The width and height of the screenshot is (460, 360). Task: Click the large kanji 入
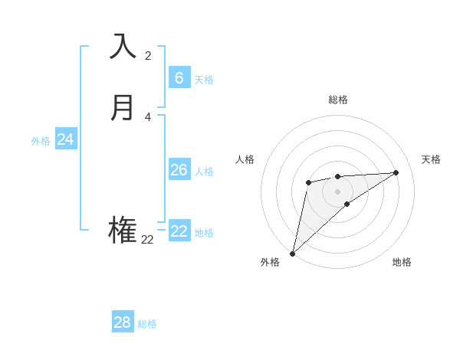coord(123,47)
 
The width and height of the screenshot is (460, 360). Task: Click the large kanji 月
coord(123,108)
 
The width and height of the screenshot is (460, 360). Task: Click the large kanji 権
coord(123,231)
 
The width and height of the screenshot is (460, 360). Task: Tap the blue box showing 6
coord(179,78)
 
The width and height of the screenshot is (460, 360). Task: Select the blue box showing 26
coord(179,170)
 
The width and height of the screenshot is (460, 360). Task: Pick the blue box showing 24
coord(66,139)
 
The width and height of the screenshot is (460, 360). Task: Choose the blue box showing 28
coord(123,322)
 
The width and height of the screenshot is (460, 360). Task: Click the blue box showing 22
coord(179,231)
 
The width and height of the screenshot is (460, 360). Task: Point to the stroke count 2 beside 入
coord(148,56)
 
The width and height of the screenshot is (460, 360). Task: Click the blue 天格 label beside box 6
coord(204,80)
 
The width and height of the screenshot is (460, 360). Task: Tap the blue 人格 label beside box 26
coord(204,172)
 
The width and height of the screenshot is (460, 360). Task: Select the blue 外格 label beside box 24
coord(41,141)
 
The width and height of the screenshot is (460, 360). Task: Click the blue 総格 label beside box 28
coord(147,324)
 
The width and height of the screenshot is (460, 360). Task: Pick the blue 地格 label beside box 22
coord(204,233)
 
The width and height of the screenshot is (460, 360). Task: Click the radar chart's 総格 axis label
coord(337,100)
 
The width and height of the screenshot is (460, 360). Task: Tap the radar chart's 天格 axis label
coord(431,159)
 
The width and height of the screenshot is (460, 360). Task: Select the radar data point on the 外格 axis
coord(292,253)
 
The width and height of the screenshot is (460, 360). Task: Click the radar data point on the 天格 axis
coord(396,172)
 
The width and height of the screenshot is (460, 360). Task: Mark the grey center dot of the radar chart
coord(337,191)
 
